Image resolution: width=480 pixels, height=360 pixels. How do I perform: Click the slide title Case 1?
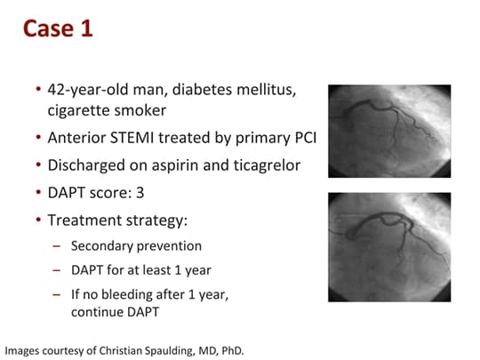click(57, 28)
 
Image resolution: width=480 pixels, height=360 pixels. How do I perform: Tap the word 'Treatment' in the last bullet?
click(84, 220)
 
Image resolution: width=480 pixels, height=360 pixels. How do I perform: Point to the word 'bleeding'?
click(131, 294)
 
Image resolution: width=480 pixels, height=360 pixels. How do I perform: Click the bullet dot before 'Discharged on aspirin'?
click(38, 165)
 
